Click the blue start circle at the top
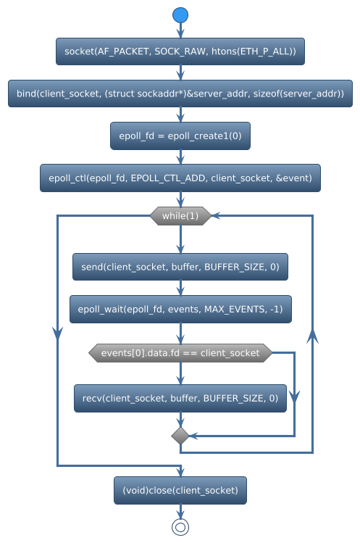180,15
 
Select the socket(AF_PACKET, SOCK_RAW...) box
180,51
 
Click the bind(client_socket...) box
180,94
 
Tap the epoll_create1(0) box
180,136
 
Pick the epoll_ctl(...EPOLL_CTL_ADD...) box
180,178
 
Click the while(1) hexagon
180,216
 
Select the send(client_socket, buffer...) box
180,267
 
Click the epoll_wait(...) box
180,309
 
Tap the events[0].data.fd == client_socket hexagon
180,353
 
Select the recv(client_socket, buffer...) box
180,398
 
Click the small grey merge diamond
180,435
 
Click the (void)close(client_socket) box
180,490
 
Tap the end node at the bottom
180,526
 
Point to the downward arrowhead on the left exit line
57,332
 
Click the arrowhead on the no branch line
293,396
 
